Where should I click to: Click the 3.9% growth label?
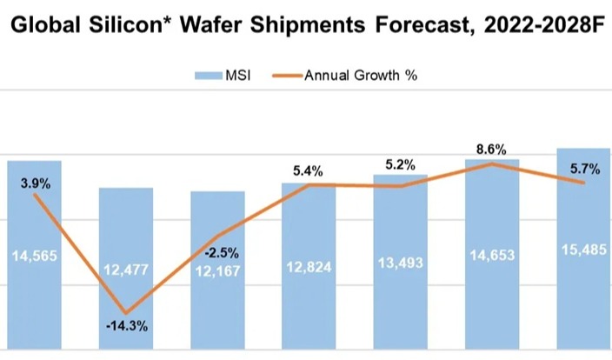point(36,183)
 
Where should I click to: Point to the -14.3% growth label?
point(125,326)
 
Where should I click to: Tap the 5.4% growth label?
point(309,171)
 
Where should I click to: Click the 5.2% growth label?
point(400,163)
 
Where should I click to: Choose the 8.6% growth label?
point(492,150)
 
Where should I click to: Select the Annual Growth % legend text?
point(361,75)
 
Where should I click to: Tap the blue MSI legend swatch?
point(208,75)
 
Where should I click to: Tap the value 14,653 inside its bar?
point(492,256)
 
